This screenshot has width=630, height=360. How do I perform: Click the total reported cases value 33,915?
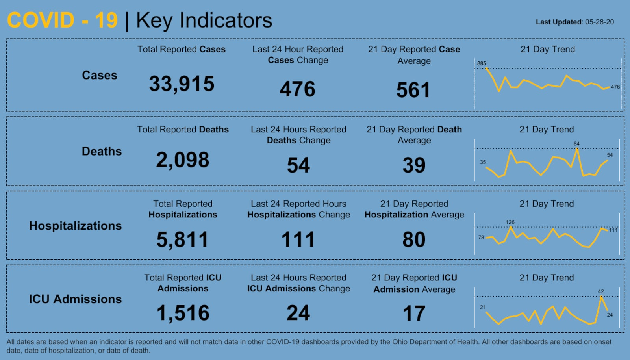pos(182,84)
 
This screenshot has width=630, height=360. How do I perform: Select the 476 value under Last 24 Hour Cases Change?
pos(298,89)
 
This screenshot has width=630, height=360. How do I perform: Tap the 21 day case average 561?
pos(413,90)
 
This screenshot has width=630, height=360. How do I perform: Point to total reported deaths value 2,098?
pos(183,160)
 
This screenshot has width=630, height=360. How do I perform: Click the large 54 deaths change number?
pos(298,165)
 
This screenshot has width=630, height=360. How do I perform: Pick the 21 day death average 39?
pos(414,165)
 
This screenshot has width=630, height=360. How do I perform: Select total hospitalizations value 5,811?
pos(182,239)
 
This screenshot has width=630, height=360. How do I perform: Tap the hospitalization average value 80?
pos(414,239)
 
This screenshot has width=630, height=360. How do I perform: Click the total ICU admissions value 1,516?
pos(183,313)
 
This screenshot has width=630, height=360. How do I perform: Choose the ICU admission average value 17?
pos(414,314)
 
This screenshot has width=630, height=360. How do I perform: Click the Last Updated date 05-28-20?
pos(599,22)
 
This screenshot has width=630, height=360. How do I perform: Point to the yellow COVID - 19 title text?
pos(62,20)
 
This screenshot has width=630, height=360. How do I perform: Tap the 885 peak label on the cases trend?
pos(482,63)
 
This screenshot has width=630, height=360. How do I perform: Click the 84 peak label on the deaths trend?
pos(576,144)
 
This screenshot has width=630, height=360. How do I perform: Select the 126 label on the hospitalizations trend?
pos(510,222)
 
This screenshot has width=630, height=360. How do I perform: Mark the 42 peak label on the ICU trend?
pos(600,291)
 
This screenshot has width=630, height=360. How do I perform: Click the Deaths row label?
pos(102,151)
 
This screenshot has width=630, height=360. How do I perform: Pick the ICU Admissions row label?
pos(75,299)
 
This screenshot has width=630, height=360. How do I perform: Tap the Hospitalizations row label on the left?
pos(75,226)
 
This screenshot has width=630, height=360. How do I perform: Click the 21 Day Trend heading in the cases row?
pos(548,49)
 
